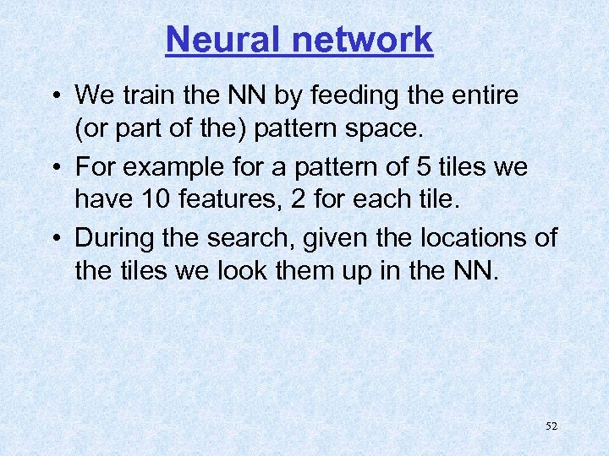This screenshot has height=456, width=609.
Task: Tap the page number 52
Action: tap(551, 426)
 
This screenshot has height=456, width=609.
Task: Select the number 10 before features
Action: tap(153, 201)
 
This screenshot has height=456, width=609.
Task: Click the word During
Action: tap(112, 237)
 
